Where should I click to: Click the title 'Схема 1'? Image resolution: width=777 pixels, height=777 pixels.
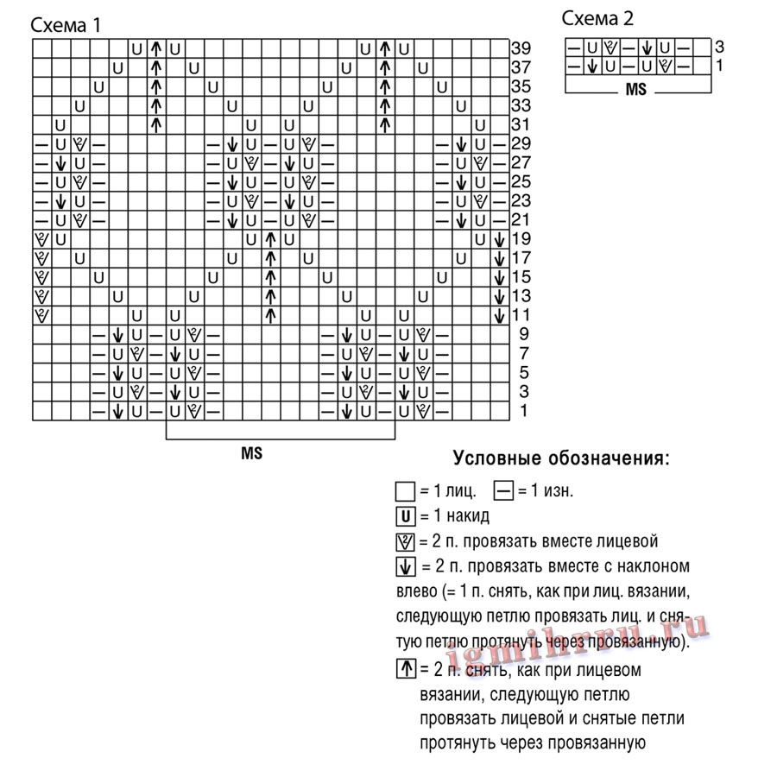[66, 25]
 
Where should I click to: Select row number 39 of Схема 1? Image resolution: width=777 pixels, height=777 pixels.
[521, 47]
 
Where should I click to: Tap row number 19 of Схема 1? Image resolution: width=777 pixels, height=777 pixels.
[521, 238]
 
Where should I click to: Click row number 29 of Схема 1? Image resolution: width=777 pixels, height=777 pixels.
[521, 143]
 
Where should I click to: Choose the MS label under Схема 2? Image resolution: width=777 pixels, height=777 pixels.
[635, 90]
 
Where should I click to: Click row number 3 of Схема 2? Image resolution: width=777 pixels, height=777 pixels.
[719, 47]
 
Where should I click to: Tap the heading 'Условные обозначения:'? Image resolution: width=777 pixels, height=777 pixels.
[561, 458]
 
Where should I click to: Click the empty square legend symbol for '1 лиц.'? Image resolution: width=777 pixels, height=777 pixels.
[404, 492]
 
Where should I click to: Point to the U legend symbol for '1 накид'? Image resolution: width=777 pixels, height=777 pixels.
[404, 517]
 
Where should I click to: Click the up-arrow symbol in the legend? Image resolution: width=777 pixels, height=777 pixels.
[404, 668]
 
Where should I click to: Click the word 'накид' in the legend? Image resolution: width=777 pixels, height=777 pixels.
[470, 517]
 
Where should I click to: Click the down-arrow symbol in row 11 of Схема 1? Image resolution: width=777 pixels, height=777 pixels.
[499, 315]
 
